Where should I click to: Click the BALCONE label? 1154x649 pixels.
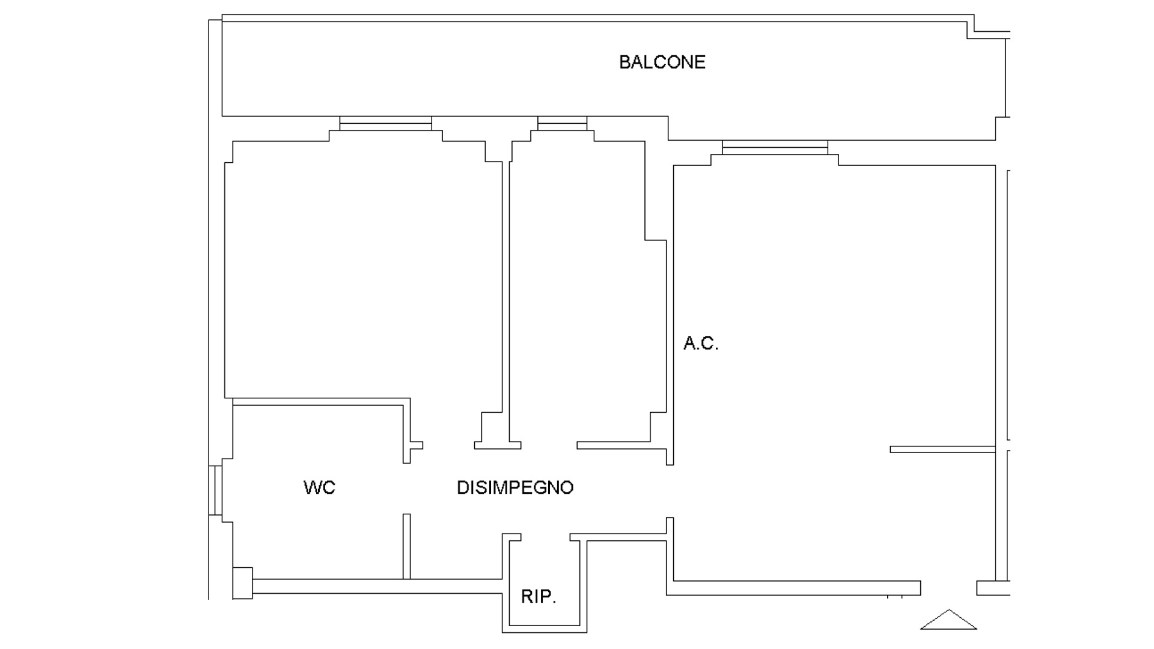coord(662,62)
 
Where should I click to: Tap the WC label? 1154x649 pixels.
coord(319,487)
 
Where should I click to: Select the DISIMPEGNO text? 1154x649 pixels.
coord(515,487)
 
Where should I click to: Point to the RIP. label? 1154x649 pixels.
coord(538,597)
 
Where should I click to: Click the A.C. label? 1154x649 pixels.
coord(701,344)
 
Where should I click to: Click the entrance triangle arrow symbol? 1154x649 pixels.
coord(948,620)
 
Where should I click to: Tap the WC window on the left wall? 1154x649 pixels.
coord(215,490)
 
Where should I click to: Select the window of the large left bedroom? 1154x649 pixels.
coord(385,123)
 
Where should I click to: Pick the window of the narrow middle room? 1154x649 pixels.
coord(562,123)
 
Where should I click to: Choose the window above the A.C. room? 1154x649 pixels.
coord(775,147)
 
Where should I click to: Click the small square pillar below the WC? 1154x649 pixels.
coord(242,583)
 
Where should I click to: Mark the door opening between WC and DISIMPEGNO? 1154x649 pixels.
coord(407,489)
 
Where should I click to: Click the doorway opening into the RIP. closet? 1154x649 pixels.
coord(545,537)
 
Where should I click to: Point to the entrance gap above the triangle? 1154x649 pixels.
coord(948,588)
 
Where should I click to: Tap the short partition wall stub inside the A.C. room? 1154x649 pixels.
coord(942,449)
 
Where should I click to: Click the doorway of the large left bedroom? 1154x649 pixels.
coord(448,445)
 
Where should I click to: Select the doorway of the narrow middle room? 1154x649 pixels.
coord(549,445)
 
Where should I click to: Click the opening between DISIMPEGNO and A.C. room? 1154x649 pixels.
coord(670,491)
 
